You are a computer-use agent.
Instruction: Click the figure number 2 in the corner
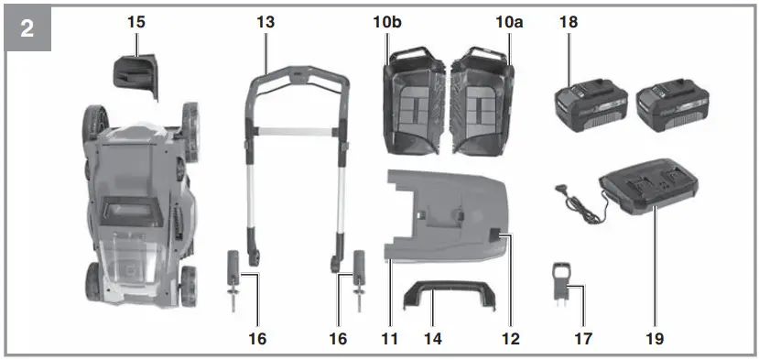pos(27,28)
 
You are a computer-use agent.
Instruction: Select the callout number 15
pos(136,22)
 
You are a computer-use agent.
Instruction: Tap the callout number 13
pos(266,22)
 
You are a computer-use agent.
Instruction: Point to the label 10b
pos(386,22)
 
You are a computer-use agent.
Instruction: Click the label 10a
pos(509,22)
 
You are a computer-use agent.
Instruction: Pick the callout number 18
pos(569,22)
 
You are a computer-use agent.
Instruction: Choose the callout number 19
pos(655,339)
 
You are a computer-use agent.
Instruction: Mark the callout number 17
pos(583,339)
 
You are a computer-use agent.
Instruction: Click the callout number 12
pos(511,339)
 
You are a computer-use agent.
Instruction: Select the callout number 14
pos(433,339)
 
